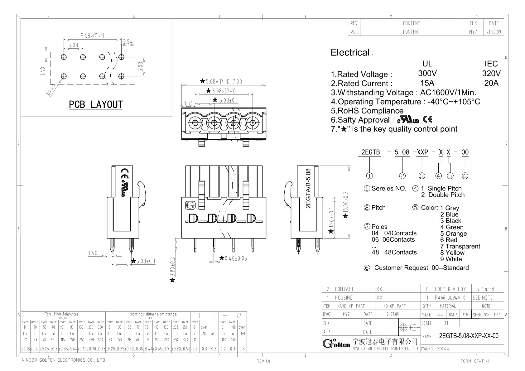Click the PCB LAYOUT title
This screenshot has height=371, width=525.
click(96, 105)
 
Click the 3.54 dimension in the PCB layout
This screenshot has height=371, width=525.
click(128, 41)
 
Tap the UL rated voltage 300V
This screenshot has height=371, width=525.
click(427, 73)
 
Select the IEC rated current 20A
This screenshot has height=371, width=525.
click(491, 83)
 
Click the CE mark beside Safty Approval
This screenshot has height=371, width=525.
click(427, 119)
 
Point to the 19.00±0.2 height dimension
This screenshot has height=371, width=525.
click(345, 202)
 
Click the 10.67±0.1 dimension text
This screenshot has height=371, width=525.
click(331, 218)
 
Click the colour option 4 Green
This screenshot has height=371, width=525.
click(452, 227)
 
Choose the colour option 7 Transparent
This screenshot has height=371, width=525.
click(460, 246)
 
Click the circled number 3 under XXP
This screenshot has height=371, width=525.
click(421, 176)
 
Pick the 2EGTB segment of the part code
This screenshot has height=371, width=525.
click(370, 152)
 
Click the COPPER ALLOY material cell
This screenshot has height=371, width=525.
click(450, 289)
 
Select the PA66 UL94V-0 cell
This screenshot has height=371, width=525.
click(450, 298)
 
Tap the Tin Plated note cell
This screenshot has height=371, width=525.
click(483, 289)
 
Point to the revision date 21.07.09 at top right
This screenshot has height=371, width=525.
click(494, 32)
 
